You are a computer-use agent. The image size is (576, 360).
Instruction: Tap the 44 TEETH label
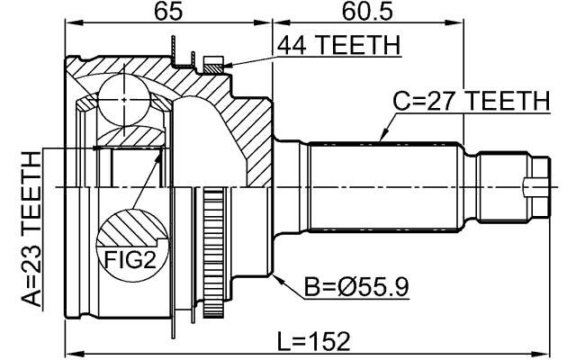338,45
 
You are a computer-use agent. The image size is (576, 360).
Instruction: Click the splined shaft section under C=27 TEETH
387,184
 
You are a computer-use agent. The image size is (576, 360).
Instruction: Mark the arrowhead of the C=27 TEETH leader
382,141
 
